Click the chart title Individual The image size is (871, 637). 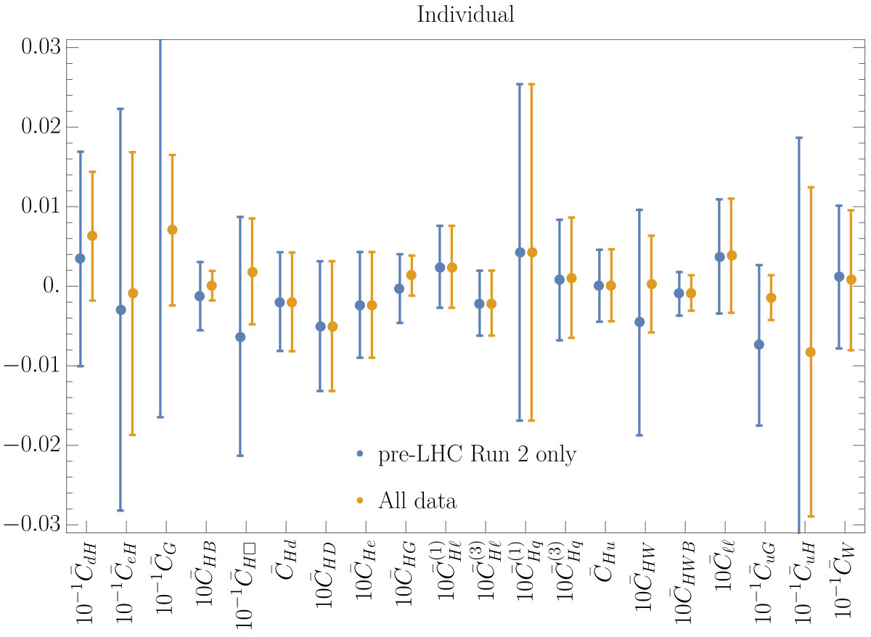pos(465,15)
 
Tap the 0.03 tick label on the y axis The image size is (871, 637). pos(41,46)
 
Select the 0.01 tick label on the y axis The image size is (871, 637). pos(41,205)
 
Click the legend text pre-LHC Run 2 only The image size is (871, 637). pos(478,454)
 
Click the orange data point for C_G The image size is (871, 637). pos(172,230)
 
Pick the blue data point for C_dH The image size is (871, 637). pos(80,258)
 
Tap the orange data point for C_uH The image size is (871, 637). pos(810,352)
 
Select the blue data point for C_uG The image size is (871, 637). pos(759,345)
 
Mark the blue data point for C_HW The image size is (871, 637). pos(639,322)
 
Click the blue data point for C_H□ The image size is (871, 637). pos(240,337)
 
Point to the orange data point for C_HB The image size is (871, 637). pos(212,286)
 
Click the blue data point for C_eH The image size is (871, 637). pos(121,310)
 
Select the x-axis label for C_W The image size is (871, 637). pos(843,580)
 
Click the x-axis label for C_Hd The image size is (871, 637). pos(285,560)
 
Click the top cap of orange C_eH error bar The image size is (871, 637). pos(132,152)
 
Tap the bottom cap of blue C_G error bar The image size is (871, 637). pos(160,417)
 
